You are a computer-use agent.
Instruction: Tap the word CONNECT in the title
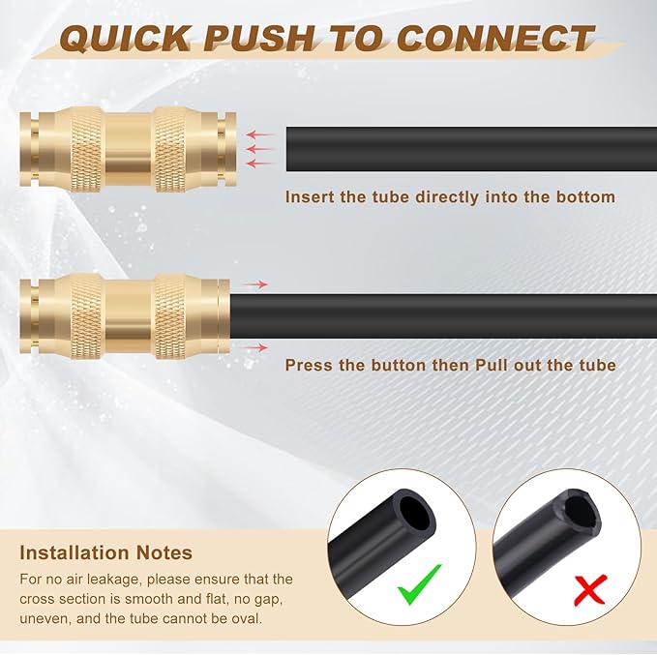495,38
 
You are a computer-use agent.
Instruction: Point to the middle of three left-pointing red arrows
261,149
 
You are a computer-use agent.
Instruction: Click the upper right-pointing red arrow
254,284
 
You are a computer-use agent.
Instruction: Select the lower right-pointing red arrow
254,346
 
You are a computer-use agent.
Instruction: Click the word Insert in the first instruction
309,197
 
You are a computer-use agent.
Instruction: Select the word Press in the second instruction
309,366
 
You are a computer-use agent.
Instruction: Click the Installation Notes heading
105,553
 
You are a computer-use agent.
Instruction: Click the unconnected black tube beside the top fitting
464,149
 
